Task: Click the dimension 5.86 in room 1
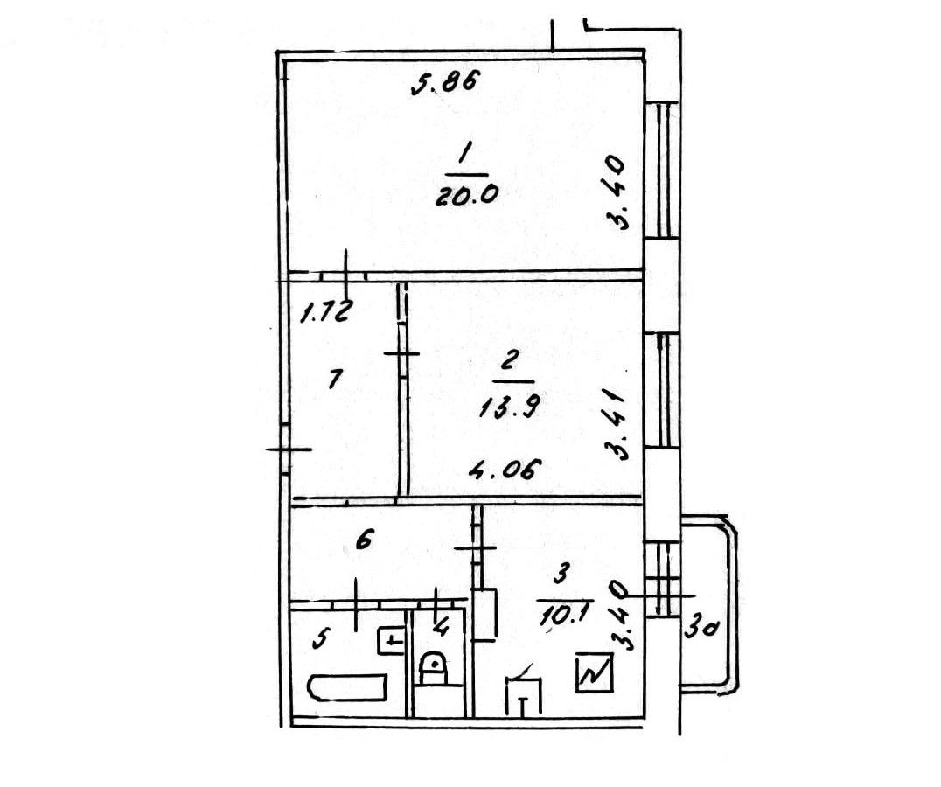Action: [443, 84]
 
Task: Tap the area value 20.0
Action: [467, 197]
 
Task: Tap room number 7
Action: [334, 380]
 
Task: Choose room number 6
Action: [364, 541]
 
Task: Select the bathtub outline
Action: [347, 686]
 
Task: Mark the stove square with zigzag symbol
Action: [595, 673]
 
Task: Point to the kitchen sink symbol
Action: [523, 695]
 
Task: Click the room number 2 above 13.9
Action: [512, 359]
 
